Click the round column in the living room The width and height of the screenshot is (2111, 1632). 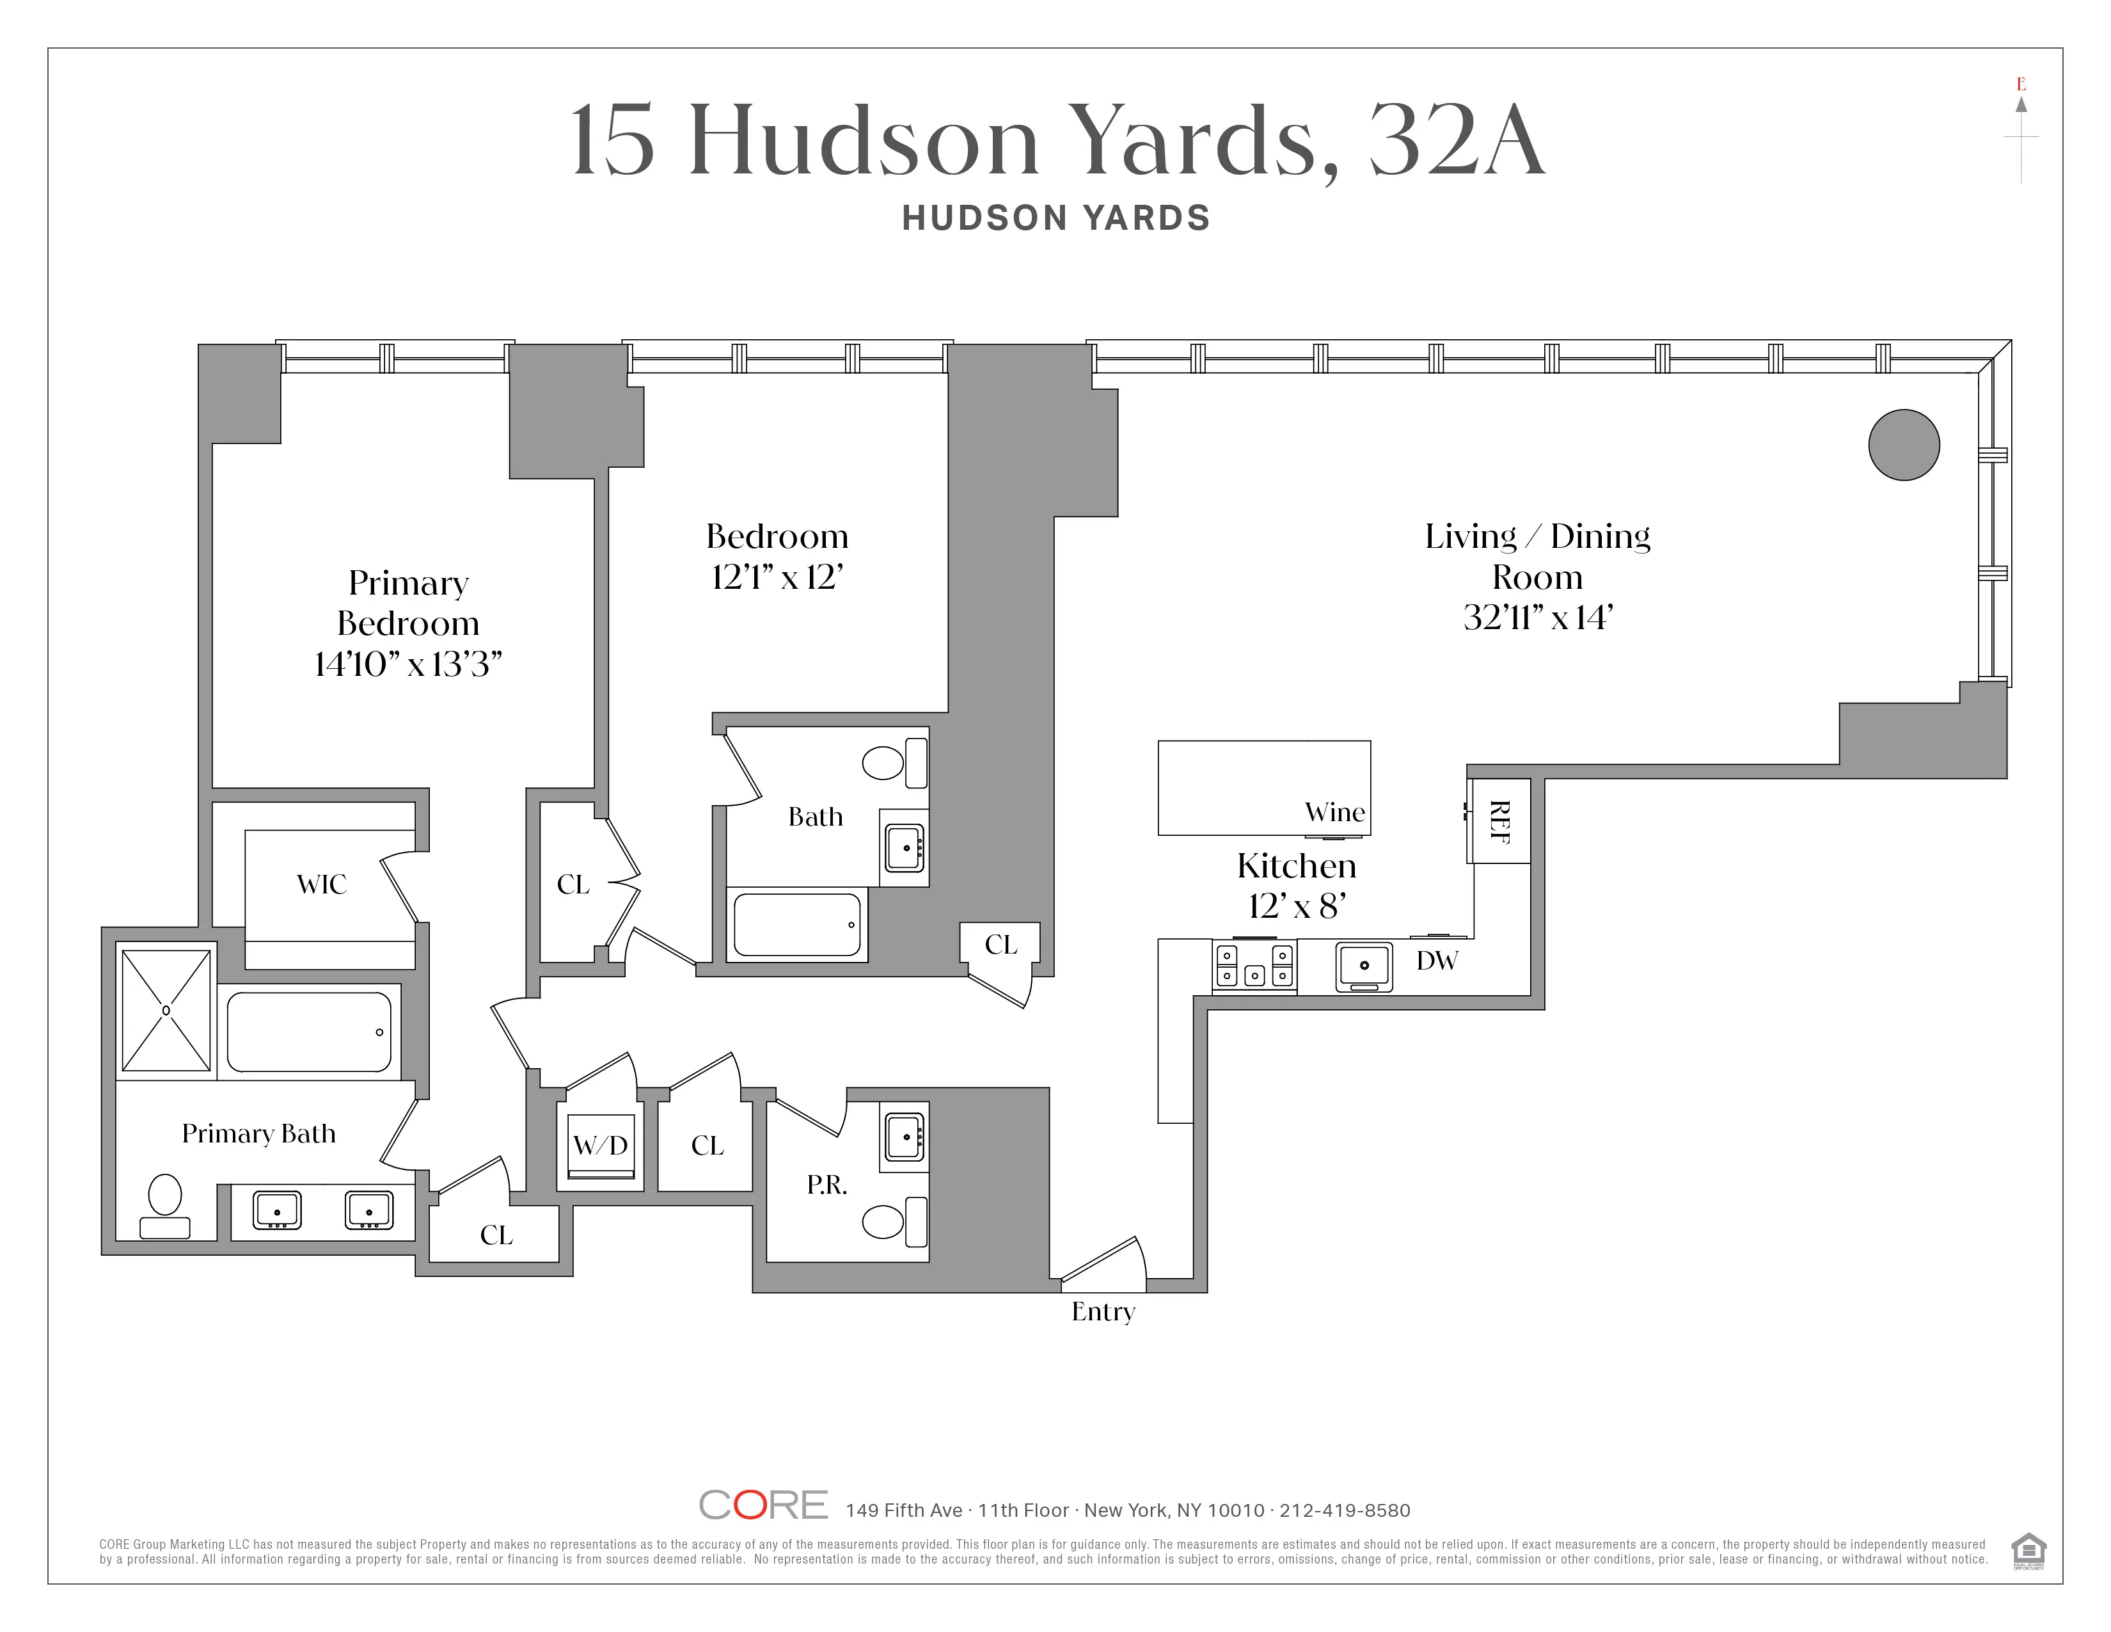pyautogui.click(x=1903, y=445)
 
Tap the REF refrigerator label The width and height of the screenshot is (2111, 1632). pyautogui.click(x=1499, y=821)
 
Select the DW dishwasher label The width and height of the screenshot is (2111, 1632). pyautogui.click(x=1436, y=960)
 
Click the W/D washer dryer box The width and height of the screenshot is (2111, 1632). pyautogui.click(x=600, y=1146)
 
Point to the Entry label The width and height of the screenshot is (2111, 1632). pyautogui.click(x=1103, y=1311)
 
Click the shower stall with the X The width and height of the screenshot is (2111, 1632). pyautogui.click(x=166, y=1011)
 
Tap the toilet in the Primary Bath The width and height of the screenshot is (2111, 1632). pyautogui.click(x=165, y=1206)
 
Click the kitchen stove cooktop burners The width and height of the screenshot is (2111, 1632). pyautogui.click(x=1254, y=965)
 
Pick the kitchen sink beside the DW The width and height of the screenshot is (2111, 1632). pyautogui.click(x=1364, y=966)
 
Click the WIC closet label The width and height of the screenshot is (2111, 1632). pyautogui.click(x=321, y=884)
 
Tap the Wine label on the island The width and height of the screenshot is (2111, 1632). pyautogui.click(x=1335, y=812)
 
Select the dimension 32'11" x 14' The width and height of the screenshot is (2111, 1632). pyautogui.click(x=1537, y=617)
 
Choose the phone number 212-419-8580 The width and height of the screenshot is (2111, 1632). pyautogui.click(x=1345, y=1510)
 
